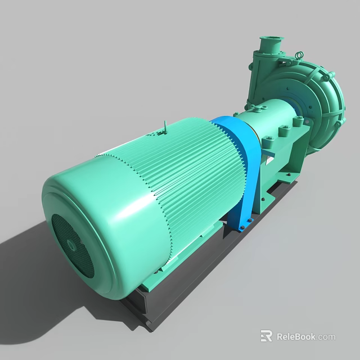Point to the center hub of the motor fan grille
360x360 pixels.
coord(71,245)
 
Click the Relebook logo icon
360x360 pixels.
coord(267,336)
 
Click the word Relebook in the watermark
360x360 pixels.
coord(296,337)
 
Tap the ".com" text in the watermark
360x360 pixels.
coord(326,337)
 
